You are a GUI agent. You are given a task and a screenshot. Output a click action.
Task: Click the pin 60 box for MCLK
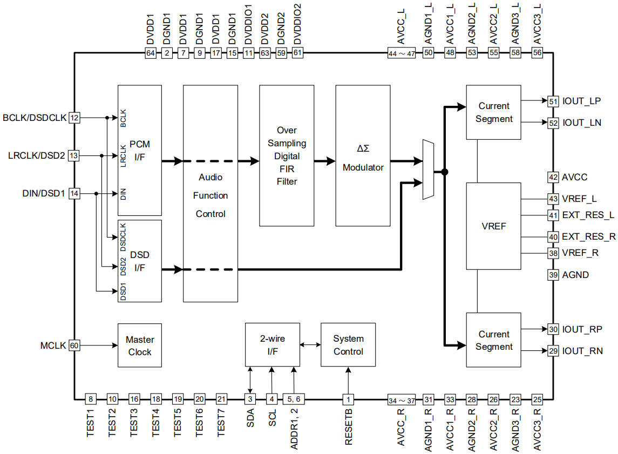74,345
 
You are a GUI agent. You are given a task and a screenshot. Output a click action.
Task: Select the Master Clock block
140,345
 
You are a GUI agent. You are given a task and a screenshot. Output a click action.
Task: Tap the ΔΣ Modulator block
363,155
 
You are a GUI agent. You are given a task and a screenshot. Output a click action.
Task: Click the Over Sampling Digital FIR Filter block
287,155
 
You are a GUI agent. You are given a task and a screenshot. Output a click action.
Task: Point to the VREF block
493,226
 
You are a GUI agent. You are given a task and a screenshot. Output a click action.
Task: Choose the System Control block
348,345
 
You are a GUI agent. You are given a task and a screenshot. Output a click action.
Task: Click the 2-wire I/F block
272,345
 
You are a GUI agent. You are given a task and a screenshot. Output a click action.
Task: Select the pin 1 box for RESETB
349,399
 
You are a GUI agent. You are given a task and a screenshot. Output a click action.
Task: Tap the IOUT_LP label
581,101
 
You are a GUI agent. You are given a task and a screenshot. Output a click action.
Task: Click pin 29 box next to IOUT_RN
553,351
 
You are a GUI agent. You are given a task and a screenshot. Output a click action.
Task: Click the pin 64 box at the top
151,53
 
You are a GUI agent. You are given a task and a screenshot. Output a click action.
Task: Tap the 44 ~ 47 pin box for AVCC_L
402,53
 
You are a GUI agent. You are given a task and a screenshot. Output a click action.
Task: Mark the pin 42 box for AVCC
553,177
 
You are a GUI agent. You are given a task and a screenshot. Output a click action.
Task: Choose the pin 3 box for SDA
250,399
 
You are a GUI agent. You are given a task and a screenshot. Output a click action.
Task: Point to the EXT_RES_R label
589,236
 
